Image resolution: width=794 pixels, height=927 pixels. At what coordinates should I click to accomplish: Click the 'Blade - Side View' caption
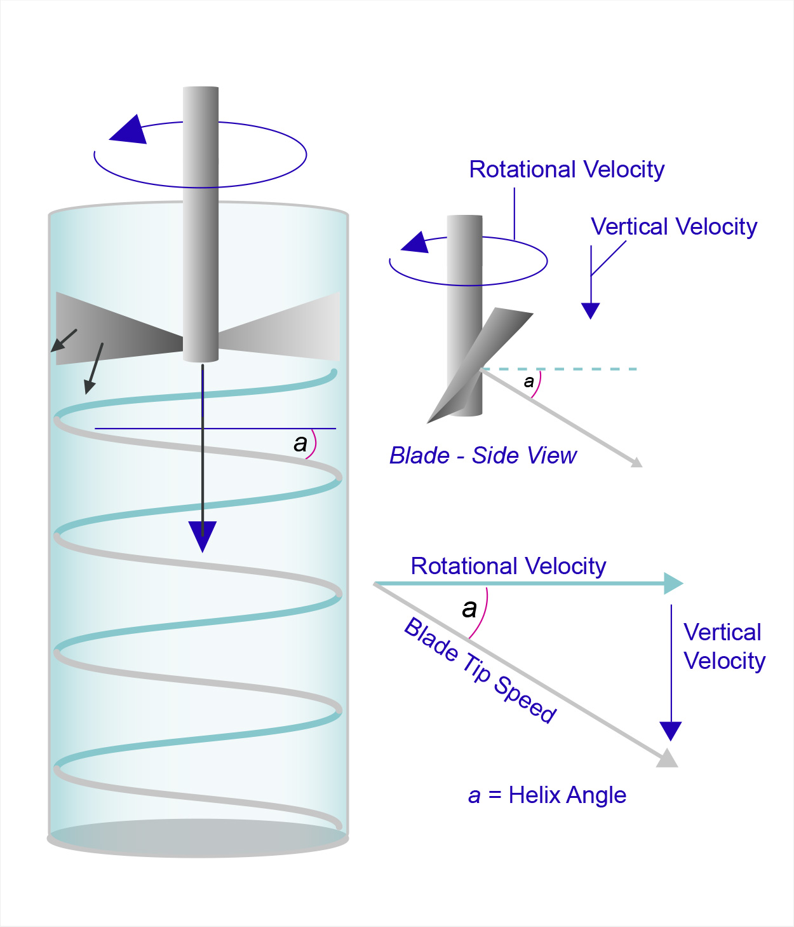483,455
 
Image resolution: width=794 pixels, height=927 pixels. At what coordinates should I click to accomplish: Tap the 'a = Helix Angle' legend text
547,795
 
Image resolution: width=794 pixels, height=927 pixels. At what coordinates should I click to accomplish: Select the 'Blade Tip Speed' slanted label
481,670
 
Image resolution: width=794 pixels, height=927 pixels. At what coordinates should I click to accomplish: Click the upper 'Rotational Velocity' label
567,170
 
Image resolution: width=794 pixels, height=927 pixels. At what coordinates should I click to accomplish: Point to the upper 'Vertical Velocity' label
674,226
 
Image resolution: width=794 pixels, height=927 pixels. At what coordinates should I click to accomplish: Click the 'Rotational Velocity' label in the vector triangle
508,566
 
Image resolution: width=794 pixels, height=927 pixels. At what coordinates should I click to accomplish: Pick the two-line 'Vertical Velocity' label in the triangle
724,647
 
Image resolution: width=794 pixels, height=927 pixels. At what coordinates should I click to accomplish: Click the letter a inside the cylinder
300,443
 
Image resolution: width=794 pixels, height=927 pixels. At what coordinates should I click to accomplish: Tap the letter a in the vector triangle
469,608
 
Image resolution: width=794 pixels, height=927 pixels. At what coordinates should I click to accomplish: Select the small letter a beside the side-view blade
528,381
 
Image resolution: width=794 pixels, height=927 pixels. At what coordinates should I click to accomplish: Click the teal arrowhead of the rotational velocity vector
673,583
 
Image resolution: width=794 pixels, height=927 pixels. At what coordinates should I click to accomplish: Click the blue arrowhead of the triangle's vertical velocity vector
671,731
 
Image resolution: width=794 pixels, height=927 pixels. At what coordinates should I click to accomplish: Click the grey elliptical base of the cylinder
198,838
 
